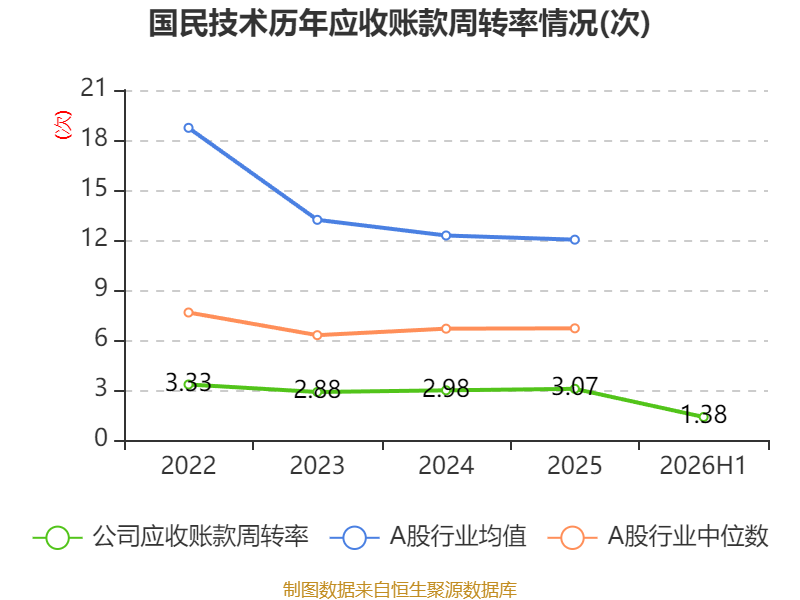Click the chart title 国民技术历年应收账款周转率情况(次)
tap(399, 23)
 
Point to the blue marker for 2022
tap(189, 128)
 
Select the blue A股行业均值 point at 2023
tap(317, 220)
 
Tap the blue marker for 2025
tap(575, 240)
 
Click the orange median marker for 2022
tap(189, 312)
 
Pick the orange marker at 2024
tap(446, 329)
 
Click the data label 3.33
tap(188, 382)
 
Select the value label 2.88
tap(317, 390)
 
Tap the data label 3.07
tap(574, 386)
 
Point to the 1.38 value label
tap(704, 414)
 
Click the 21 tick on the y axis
tap(93, 89)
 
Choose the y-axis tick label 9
tap(101, 289)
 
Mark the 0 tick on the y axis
tap(101, 439)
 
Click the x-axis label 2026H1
tap(703, 465)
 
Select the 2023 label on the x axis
tap(317, 465)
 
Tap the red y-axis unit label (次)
tap(63, 125)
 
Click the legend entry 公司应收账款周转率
tap(171, 537)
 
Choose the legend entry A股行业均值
tap(429, 537)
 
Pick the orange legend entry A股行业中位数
tap(658, 537)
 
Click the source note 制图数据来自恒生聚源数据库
tap(400, 590)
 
